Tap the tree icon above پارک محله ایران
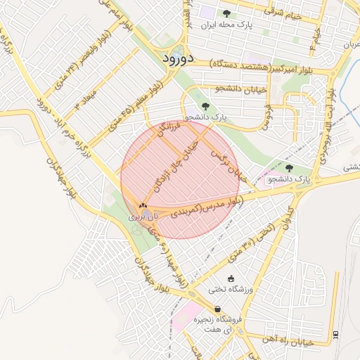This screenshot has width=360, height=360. pos(226,13)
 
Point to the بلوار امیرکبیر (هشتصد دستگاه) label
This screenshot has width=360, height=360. pos(261,66)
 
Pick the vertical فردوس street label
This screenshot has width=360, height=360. pos(267,117)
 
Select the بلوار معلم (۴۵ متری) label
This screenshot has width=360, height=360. pos(133,105)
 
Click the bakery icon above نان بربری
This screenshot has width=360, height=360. pos(143,206)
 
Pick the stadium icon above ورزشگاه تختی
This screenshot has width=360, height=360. pos(231,279)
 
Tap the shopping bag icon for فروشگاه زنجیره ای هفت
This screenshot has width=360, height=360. pos(217,309)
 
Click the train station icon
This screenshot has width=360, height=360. pos(335,333)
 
